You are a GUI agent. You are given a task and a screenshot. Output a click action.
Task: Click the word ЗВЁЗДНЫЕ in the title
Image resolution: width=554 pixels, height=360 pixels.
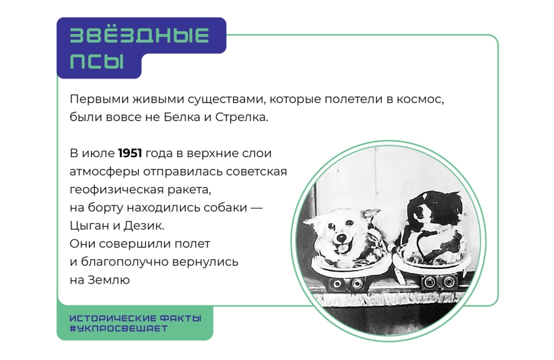pos(139,35)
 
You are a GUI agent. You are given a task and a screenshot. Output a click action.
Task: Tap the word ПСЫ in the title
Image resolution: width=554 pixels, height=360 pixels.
pos(97,61)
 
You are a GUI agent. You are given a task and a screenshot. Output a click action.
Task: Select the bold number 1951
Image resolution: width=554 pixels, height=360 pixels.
pos(130,153)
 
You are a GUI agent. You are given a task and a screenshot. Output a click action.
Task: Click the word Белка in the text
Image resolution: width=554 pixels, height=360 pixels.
pos(182,117)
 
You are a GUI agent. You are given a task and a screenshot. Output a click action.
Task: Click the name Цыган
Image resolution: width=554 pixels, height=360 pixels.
pos(90,226)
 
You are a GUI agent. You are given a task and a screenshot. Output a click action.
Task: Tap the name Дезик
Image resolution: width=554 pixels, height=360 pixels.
pos(144,225)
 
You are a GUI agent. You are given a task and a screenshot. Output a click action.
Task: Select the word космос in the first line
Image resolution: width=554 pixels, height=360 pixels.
pos(420,99)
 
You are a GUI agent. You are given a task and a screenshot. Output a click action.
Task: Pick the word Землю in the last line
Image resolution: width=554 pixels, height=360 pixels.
pos(109,279)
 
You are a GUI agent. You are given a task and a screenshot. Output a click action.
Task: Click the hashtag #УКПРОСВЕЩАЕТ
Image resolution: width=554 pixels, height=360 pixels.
pos(119,329)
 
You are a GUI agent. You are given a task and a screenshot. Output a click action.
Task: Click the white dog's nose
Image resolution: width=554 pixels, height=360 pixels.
pos(341,238)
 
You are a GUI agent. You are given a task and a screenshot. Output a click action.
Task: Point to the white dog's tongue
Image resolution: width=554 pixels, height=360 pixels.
pos(341,251)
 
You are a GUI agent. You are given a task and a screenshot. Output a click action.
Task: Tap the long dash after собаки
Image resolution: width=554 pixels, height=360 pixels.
pos(257,207)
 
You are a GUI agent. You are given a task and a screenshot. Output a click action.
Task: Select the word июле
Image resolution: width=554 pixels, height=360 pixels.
pos(98,153)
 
